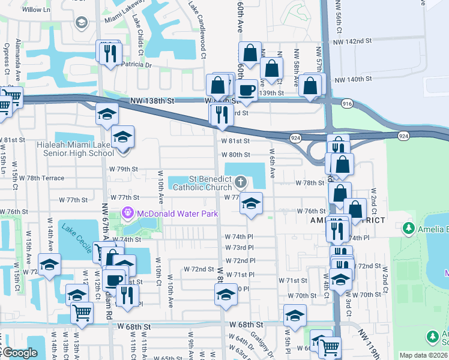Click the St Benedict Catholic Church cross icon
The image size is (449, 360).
(x=240, y=181)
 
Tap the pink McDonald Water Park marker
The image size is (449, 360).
(x=127, y=213)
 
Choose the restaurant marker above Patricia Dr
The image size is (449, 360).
(x=109, y=53)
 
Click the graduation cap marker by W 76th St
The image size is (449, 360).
(x=251, y=203)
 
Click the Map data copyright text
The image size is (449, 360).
(x=423, y=355)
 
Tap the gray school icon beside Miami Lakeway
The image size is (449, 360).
(x=80, y=23)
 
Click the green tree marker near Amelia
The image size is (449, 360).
(x=408, y=229)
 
